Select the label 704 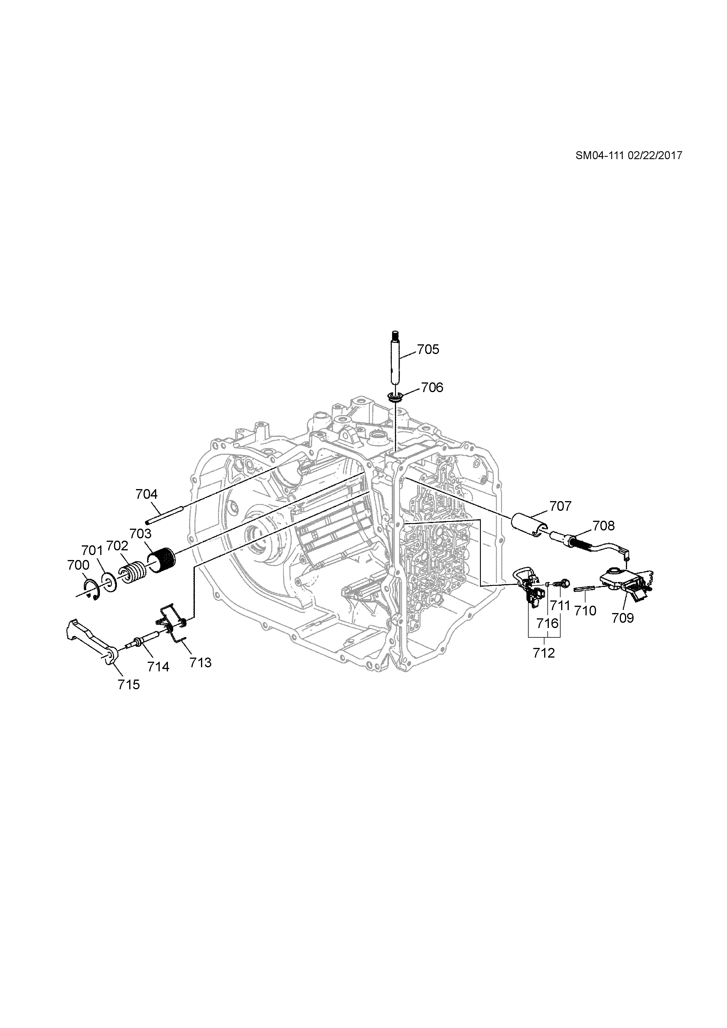coord(147,494)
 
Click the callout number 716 coord(548,623)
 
